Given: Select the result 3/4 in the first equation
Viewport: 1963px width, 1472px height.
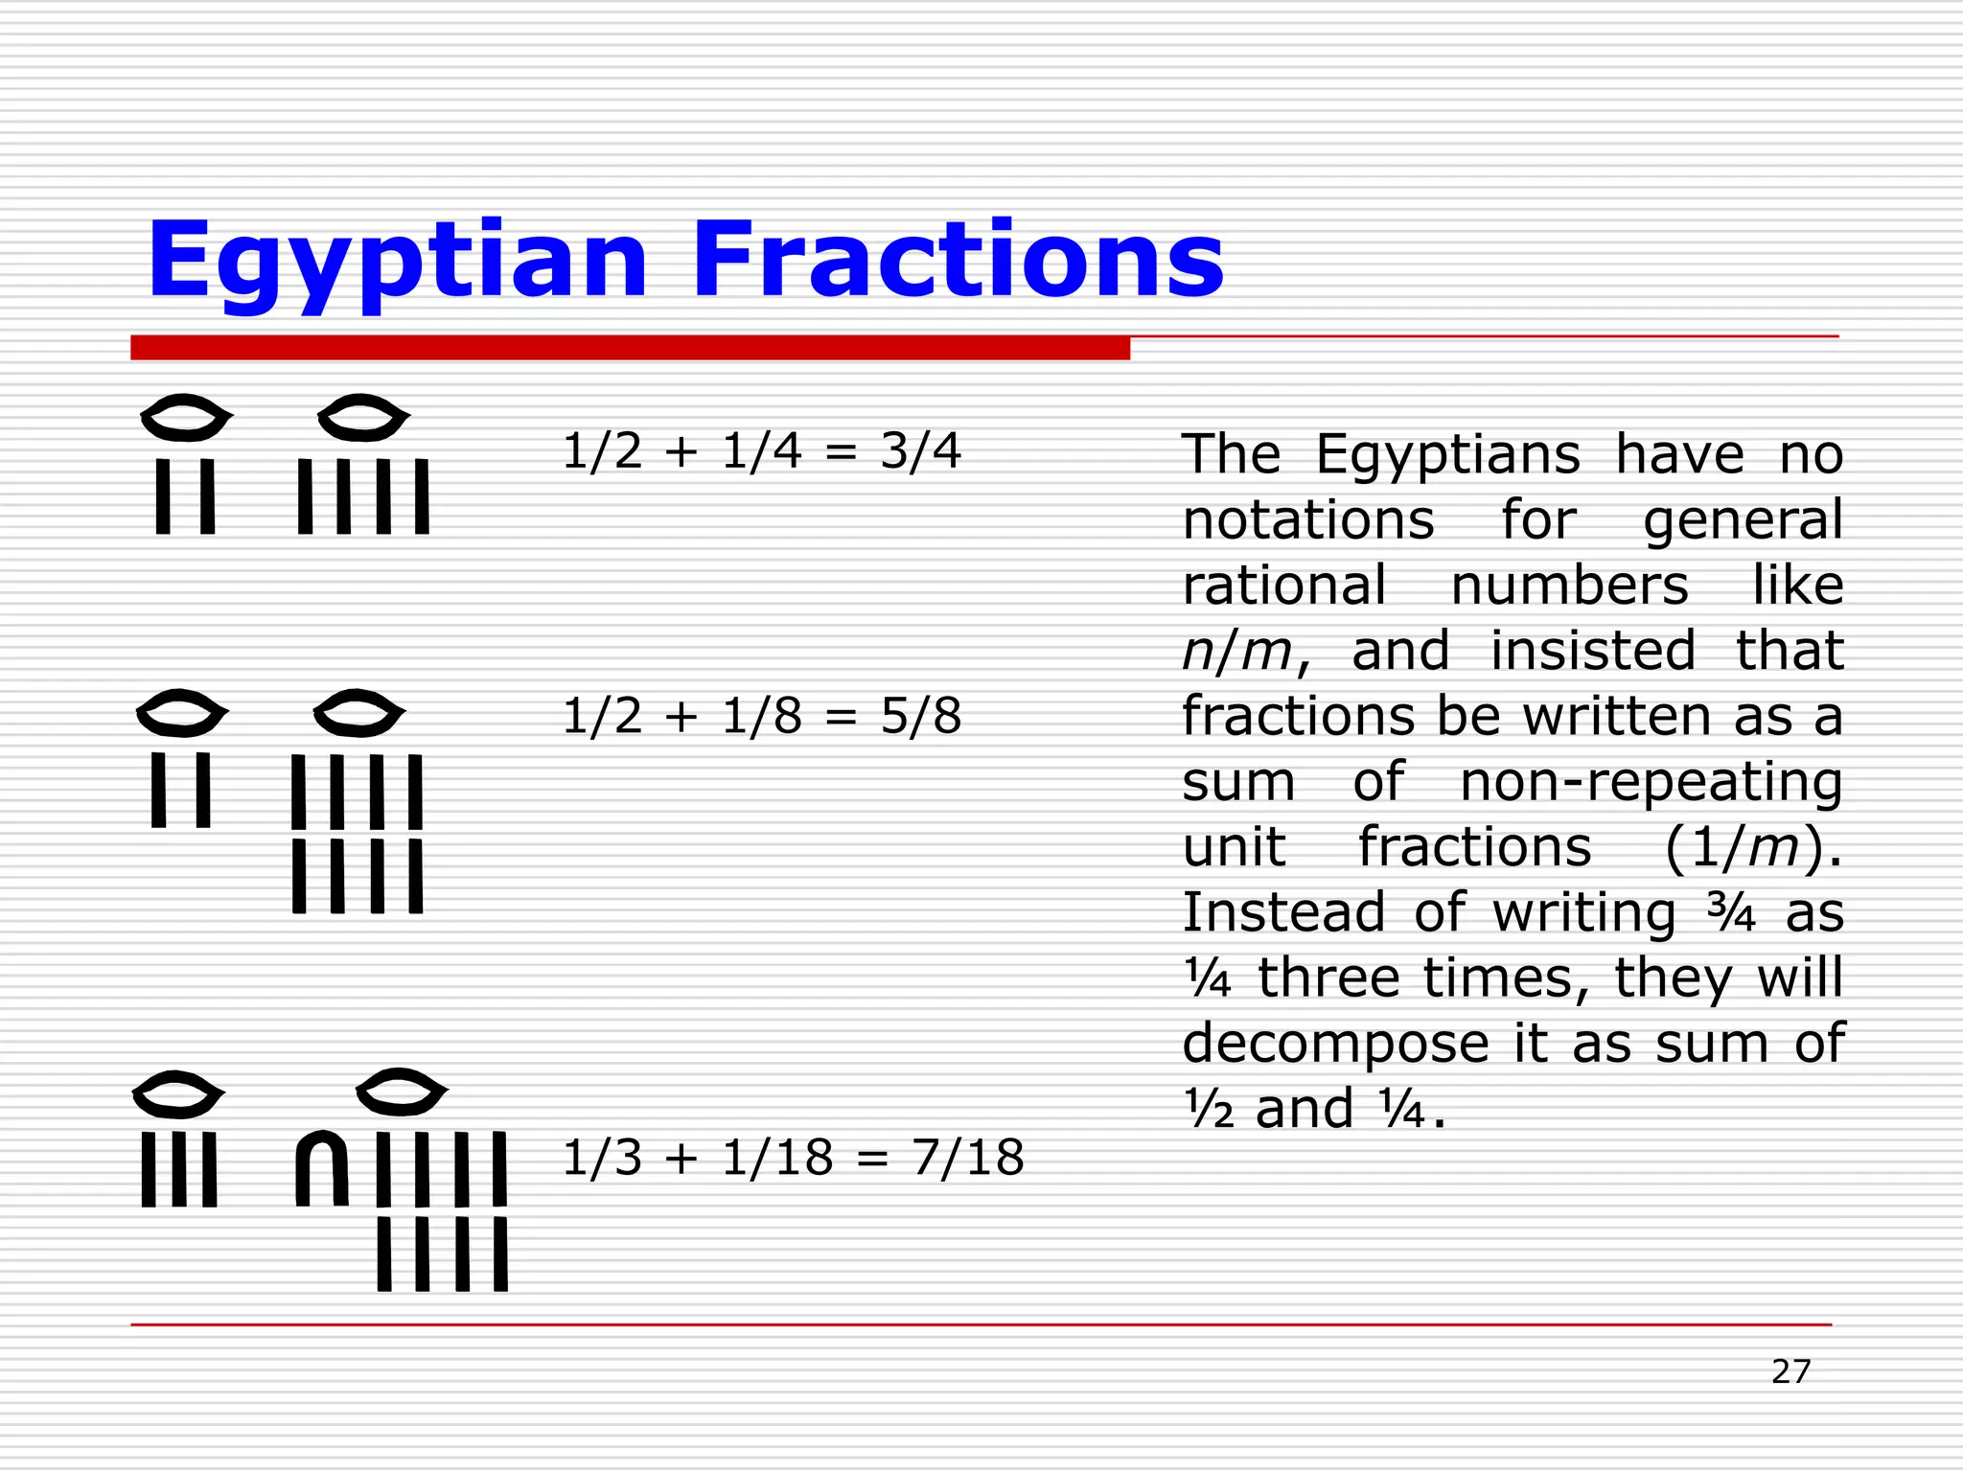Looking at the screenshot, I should point(920,450).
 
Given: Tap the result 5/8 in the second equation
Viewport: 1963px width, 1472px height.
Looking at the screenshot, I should point(920,716).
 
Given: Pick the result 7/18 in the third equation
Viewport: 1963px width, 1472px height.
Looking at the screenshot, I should point(968,1158).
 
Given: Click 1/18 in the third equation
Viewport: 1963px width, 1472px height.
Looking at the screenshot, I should point(777,1158).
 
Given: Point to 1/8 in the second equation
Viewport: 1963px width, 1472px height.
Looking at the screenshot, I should point(761,716).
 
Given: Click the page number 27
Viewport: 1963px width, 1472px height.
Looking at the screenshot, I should point(1790,1371).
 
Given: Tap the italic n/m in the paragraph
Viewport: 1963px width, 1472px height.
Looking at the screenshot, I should point(1237,652).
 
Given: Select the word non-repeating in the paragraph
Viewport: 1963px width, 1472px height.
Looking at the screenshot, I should point(1651,782).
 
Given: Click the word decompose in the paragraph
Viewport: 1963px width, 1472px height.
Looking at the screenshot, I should point(1335,1044).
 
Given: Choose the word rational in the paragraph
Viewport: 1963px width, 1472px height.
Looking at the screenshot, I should point(1283,586).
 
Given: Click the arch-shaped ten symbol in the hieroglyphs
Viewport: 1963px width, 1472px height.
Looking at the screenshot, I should point(321,1169).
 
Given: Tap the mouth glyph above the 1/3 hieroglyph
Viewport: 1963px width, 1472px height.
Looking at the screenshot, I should point(177,1094).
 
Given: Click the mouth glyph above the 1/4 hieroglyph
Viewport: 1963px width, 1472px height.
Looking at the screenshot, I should point(363,418).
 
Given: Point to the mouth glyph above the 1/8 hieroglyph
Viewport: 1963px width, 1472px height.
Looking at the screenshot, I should point(359,713).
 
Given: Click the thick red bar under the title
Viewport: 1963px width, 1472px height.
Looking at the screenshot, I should point(630,348).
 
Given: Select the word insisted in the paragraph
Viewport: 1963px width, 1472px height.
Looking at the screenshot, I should point(1592,652).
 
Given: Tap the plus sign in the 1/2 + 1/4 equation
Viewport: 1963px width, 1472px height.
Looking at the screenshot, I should point(681,451).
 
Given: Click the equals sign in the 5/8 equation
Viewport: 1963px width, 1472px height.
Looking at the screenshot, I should point(840,717).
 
